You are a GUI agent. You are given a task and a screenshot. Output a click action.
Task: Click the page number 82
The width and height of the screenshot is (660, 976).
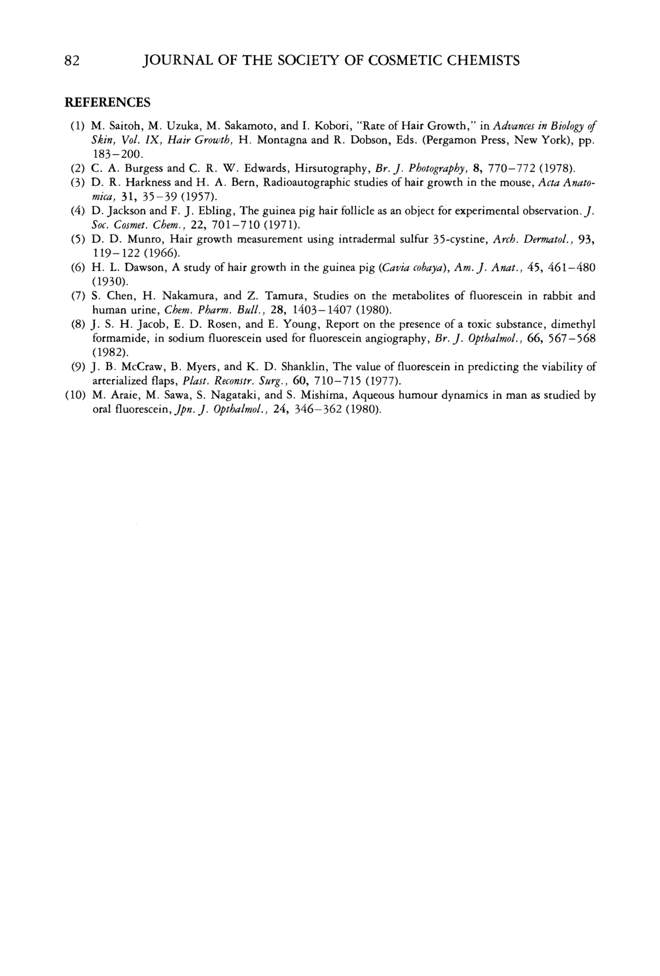point(72,61)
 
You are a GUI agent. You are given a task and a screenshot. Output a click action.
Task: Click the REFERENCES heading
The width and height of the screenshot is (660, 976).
point(107,102)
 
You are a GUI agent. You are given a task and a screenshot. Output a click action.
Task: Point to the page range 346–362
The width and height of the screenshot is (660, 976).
point(318,410)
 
